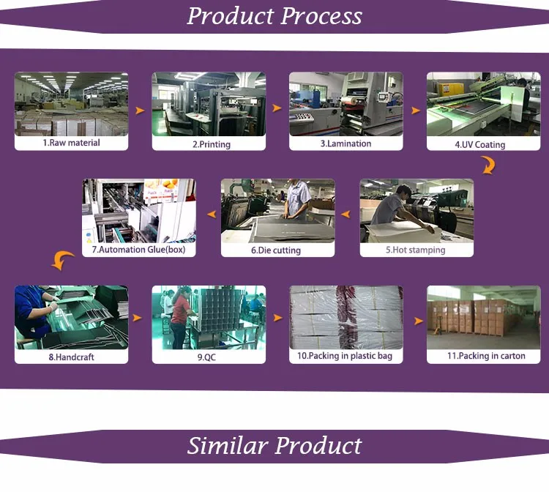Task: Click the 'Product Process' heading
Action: point(274,16)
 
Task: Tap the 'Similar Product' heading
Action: point(274,445)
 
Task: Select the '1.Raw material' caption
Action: point(71,143)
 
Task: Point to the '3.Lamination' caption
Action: point(346,143)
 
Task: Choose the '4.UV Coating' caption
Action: point(479,144)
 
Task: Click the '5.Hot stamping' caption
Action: point(415,250)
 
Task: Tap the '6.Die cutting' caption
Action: point(277,250)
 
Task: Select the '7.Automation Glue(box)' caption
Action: point(138,250)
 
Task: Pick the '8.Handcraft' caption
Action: point(71,357)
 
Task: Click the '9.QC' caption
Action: point(209,357)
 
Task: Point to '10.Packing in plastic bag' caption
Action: point(345,357)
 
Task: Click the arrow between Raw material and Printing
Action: point(139,111)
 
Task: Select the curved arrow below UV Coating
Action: point(488,167)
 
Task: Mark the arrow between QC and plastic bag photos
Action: point(277,318)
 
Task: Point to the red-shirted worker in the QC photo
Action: point(179,318)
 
